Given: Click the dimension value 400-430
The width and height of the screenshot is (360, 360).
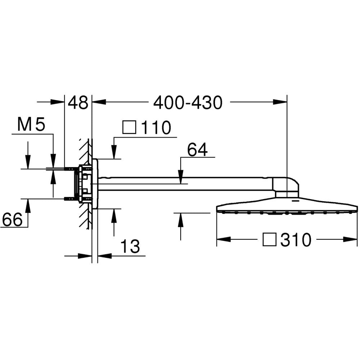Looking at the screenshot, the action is pyautogui.click(x=188, y=103).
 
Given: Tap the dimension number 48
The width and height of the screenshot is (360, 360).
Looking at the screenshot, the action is pyautogui.click(x=78, y=103).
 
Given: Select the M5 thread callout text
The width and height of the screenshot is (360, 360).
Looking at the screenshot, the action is pyautogui.click(x=31, y=125).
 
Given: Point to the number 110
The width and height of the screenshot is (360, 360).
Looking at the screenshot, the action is pyautogui.click(x=156, y=128).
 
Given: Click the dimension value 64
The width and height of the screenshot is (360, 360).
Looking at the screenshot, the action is pyautogui.click(x=197, y=150).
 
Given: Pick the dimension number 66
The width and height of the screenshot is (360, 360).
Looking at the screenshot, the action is pyautogui.click(x=12, y=219).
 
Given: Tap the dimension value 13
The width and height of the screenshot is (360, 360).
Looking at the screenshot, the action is pyautogui.click(x=130, y=246).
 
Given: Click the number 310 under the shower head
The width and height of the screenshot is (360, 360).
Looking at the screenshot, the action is pyautogui.click(x=296, y=240).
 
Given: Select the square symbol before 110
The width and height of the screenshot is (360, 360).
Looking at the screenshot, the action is pyautogui.click(x=130, y=127).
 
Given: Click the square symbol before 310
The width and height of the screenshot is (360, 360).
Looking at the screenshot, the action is pyautogui.click(x=270, y=239).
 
